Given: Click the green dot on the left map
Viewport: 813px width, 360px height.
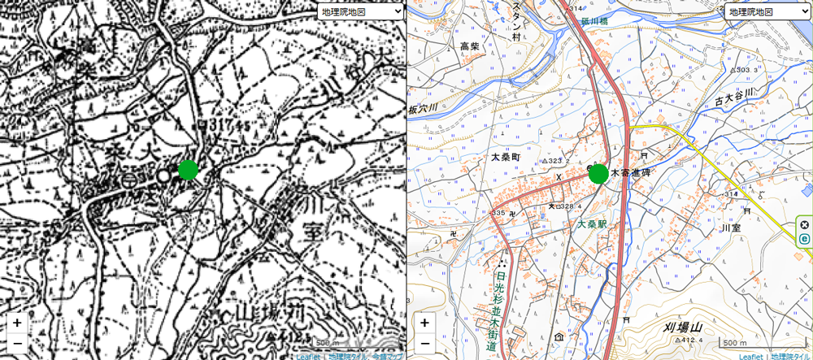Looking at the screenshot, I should point(188,169).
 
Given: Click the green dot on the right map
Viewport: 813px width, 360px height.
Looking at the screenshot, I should point(598,173).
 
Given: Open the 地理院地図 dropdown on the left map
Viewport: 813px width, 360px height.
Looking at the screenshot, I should point(359,11).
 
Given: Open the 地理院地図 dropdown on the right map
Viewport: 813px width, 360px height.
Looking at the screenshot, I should point(767,11).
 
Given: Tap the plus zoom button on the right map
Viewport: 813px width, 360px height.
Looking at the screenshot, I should point(424,323).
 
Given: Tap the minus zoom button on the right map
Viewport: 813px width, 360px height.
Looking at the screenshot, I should point(424,343).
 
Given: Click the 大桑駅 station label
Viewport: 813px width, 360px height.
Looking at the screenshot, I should point(593,223).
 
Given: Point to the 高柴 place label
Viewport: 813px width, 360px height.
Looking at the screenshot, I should point(470,46).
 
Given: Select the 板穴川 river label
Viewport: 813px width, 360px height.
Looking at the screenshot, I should point(423,108).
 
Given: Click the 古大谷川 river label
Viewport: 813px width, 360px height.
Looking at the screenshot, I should point(735,98).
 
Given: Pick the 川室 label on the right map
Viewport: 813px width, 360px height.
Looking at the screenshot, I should point(731,229).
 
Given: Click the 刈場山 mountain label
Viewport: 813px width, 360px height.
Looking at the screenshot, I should point(682,327).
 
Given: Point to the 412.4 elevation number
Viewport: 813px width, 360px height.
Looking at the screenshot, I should point(691,340).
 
